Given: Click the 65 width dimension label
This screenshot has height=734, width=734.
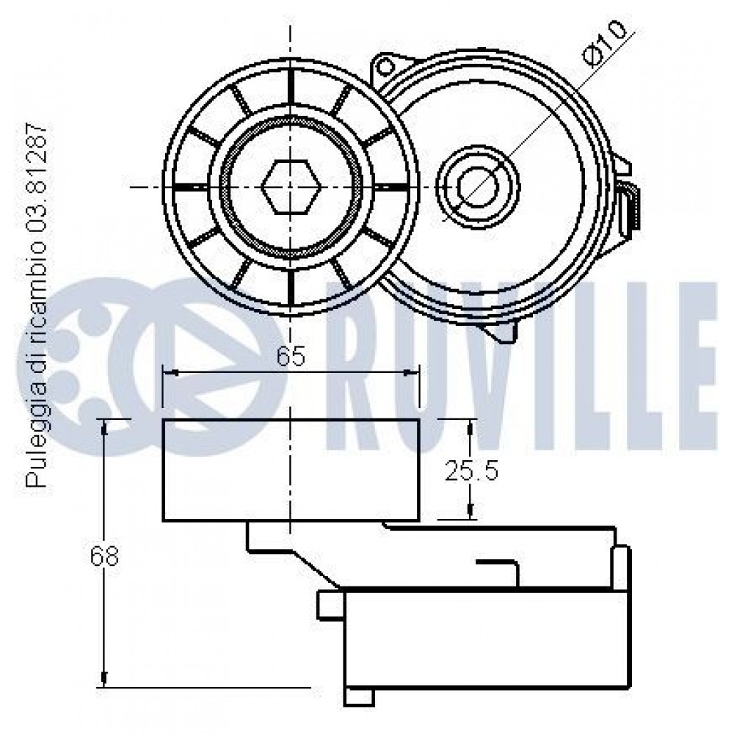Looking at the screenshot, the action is click(x=291, y=356).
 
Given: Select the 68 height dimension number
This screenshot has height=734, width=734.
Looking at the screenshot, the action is click(x=104, y=556).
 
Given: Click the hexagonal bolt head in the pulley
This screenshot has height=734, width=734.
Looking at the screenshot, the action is click(x=291, y=186).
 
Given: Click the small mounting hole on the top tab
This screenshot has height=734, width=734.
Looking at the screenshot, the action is click(x=385, y=68).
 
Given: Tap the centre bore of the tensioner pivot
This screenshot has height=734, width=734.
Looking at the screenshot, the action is click(x=478, y=186).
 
